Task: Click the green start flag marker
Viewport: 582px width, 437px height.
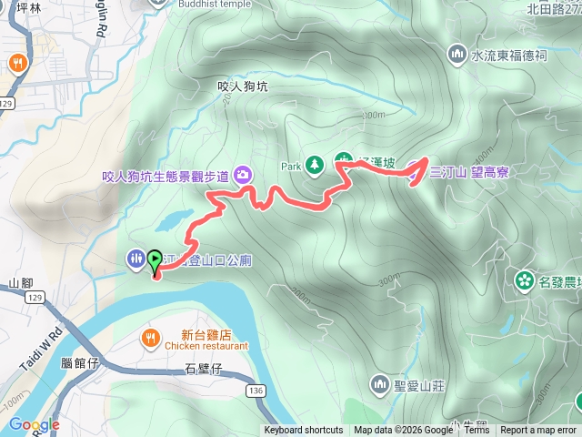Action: (x=155, y=261)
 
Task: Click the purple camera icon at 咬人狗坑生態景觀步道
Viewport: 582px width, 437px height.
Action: (x=243, y=174)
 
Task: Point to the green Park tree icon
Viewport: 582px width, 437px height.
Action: (x=315, y=165)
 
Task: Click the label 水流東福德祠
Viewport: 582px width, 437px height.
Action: (x=509, y=56)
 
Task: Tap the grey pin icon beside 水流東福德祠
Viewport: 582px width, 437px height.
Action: (x=457, y=55)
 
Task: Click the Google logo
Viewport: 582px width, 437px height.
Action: (x=34, y=424)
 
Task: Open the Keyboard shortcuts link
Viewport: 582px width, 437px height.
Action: (x=304, y=431)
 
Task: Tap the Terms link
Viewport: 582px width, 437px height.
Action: (x=477, y=431)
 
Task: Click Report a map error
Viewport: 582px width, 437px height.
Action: (x=538, y=431)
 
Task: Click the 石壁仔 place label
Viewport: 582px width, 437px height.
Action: (x=203, y=369)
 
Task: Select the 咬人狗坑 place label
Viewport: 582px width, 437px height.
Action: (x=244, y=86)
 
